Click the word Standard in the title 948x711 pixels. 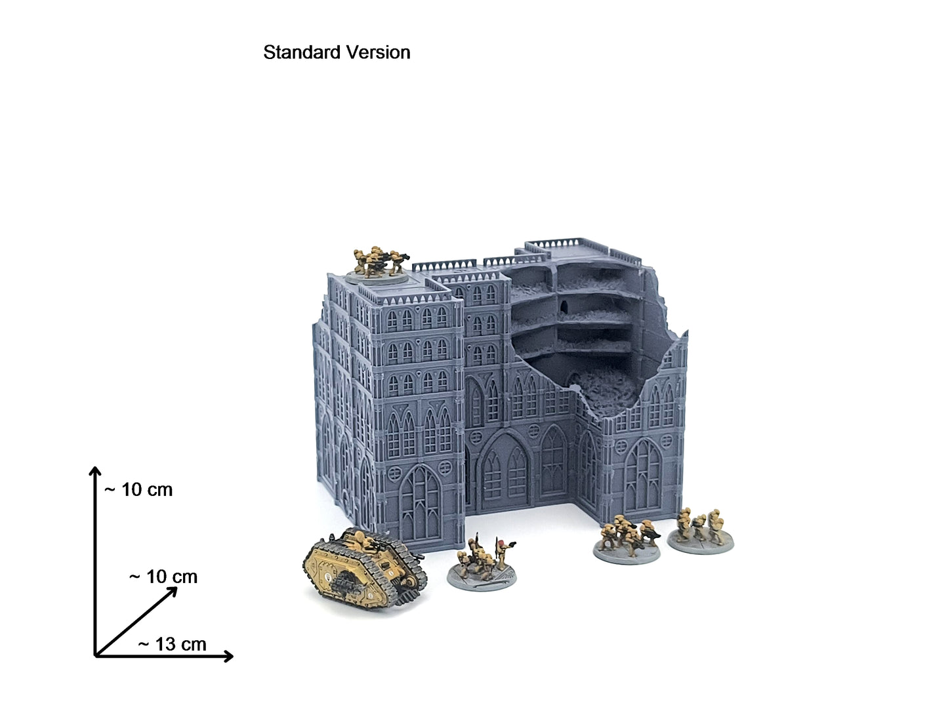click(302, 52)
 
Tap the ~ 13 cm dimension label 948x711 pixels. click(172, 644)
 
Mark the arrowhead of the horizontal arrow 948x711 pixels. click(228, 656)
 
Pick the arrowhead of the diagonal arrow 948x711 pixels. click(173, 592)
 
